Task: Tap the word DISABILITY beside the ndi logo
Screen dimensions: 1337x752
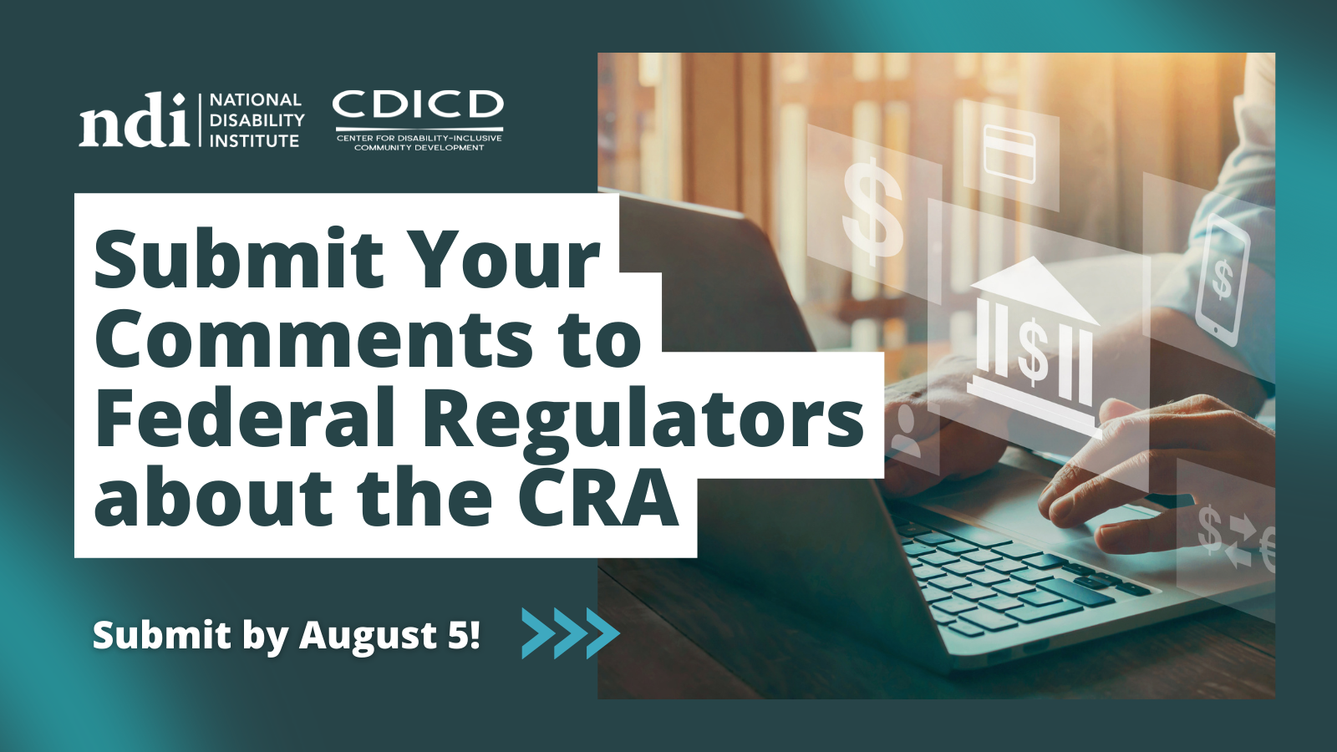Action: coord(257,120)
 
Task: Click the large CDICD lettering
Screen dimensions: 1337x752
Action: coord(418,104)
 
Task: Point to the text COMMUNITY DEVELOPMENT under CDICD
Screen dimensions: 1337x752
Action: coord(419,147)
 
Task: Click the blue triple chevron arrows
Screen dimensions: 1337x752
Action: coord(571,633)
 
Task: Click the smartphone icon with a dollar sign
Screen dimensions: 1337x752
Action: coord(1222,279)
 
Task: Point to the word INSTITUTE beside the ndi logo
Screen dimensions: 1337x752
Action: coord(254,141)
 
